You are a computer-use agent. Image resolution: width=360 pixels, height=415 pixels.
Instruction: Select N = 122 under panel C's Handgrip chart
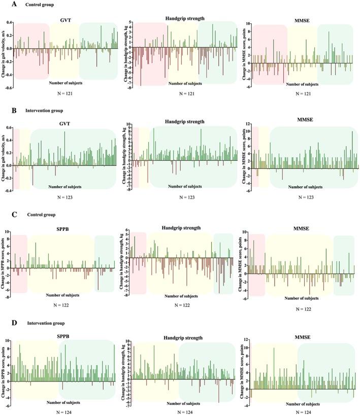[183, 305]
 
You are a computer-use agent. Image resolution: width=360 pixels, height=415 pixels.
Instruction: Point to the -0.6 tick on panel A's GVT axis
[7, 88]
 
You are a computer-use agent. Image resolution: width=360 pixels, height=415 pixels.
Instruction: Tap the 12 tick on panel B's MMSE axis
[247, 124]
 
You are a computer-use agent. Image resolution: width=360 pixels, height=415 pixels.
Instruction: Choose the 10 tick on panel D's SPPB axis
[8, 340]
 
